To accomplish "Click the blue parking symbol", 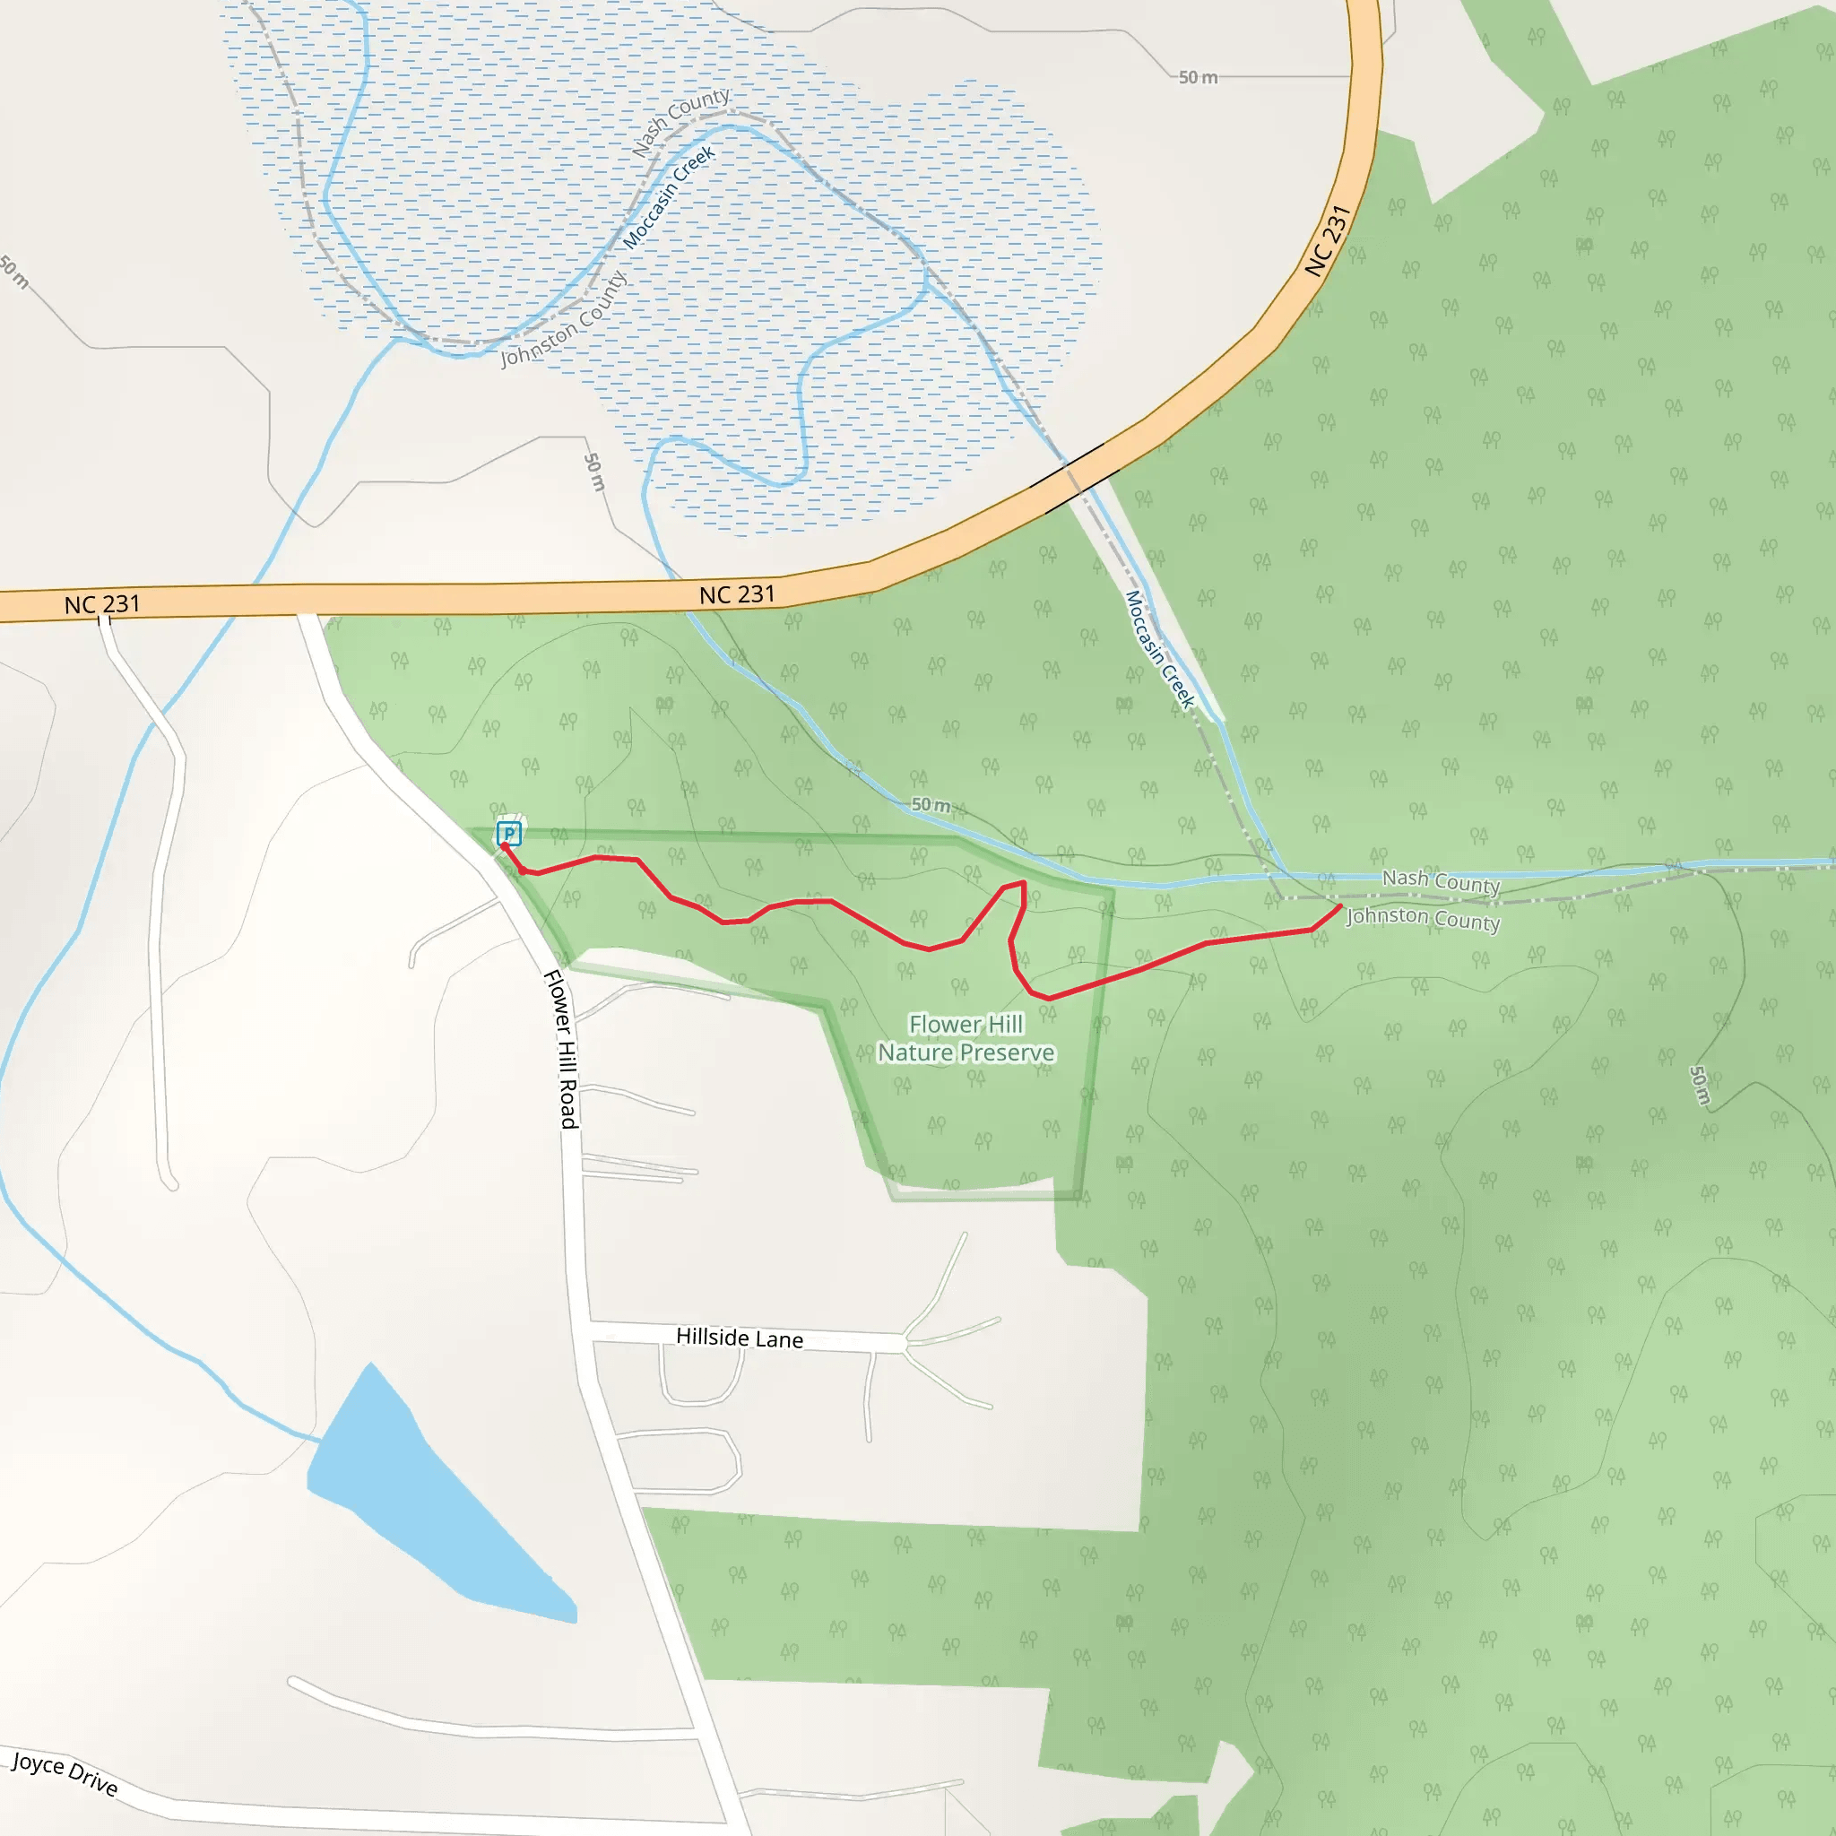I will pyautogui.click(x=509, y=835).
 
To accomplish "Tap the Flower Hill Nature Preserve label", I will pyautogui.click(x=966, y=1038).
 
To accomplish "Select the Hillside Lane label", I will pyautogui.click(x=740, y=1338).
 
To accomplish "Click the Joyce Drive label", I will pyautogui.click(x=65, y=1774).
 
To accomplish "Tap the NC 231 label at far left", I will pyautogui.click(x=101, y=604).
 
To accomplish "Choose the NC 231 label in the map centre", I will pyautogui.click(x=738, y=595).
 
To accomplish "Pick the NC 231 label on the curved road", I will pyautogui.click(x=1328, y=241).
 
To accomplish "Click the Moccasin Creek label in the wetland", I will pyautogui.click(x=668, y=197).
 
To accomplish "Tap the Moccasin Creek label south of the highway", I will pyautogui.click(x=1159, y=649).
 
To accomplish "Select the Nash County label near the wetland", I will pyautogui.click(x=681, y=122).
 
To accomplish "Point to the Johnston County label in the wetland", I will pyautogui.click(x=564, y=319).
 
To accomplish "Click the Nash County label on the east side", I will pyautogui.click(x=1441, y=881).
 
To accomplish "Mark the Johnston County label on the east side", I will pyautogui.click(x=1424, y=918).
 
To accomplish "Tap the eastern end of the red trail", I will pyautogui.click(x=1341, y=906).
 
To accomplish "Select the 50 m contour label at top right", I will pyautogui.click(x=1198, y=77).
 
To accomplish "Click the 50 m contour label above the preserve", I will pyautogui.click(x=931, y=805).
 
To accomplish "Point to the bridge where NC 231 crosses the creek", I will pyautogui.click(x=1075, y=478).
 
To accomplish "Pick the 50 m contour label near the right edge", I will pyautogui.click(x=1699, y=1086).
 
